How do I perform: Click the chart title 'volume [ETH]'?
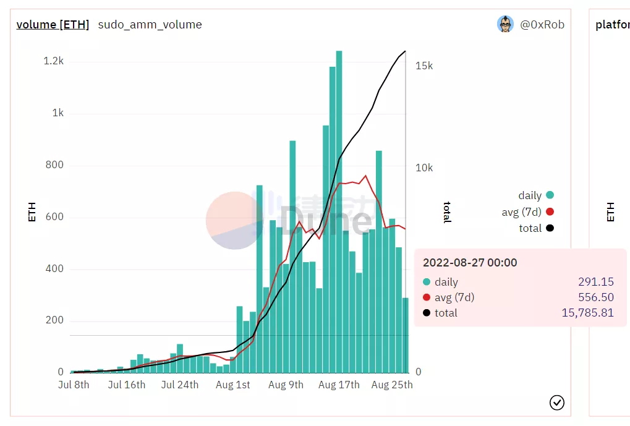coord(53,25)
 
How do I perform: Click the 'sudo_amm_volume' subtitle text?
coord(150,25)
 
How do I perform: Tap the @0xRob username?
coord(542,25)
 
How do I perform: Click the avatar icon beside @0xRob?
coord(505,24)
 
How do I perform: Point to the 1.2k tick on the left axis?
coord(53,61)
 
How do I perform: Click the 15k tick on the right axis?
coord(424,66)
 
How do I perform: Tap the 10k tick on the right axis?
coord(424,168)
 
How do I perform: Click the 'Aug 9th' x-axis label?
coord(286,385)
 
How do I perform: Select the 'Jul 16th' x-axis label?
coord(126,385)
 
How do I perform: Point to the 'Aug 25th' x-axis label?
coord(392,385)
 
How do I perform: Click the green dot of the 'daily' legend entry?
coord(550,195)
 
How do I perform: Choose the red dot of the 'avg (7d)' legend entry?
coord(550,212)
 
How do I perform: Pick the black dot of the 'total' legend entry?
coord(550,228)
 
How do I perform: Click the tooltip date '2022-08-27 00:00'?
coord(470,263)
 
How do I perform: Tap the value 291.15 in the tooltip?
coord(595,282)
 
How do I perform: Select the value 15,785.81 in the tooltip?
coord(587,313)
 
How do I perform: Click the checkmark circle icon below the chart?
coord(556,403)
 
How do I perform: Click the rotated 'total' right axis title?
coord(446,212)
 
